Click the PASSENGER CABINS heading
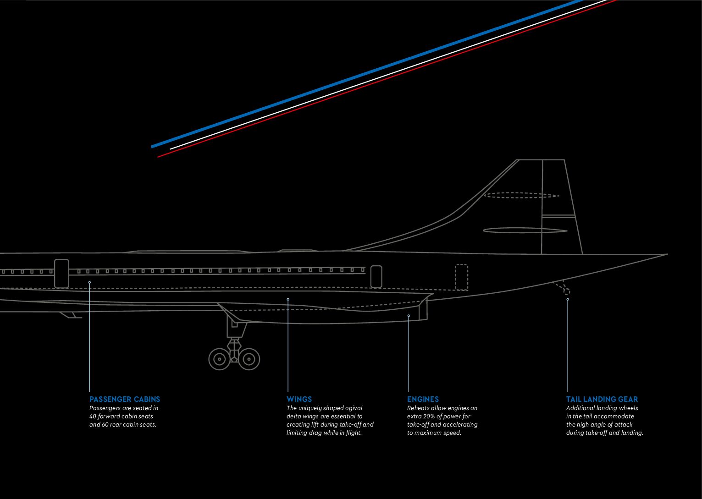click(x=125, y=399)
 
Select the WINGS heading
click(x=299, y=399)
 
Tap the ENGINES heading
click(x=423, y=399)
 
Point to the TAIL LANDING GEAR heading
click(x=602, y=399)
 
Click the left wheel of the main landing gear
click(x=220, y=359)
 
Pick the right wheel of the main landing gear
click(x=249, y=359)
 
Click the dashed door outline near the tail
click(x=461, y=277)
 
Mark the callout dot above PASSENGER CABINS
click(x=89, y=282)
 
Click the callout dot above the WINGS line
click(x=288, y=299)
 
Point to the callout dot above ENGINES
click(x=409, y=315)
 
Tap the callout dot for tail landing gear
click(x=568, y=299)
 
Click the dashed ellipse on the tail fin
click(x=521, y=195)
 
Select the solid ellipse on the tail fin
click(x=525, y=230)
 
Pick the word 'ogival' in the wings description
click(x=353, y=408)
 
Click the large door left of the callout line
click(x=61, y=274)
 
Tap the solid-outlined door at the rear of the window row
click(x=376, y=277)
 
